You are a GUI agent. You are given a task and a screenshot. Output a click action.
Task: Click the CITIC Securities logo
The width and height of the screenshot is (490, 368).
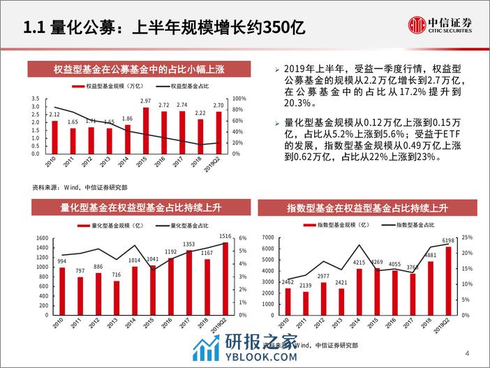(440, 26)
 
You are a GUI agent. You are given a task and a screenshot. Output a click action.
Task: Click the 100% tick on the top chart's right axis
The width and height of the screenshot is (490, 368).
(236, 98)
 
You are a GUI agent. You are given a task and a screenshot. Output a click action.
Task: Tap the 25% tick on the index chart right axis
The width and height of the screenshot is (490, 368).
(468, 238)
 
